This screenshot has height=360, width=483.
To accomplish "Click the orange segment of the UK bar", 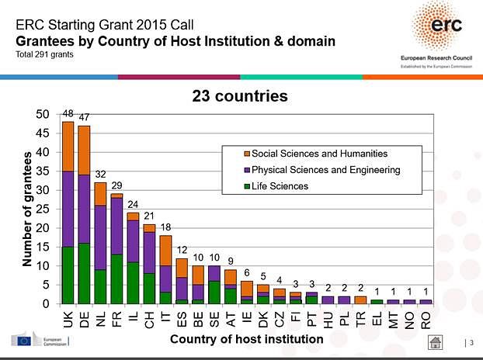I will [68, 146].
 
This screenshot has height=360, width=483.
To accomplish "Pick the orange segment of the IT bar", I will [165, 250].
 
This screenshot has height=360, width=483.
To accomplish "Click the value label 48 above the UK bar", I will [68, 115].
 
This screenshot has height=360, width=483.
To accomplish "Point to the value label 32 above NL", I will [100, 176].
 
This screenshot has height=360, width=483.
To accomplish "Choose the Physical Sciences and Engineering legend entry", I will [320, 169].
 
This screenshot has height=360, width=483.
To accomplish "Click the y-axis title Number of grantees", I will [26, 209].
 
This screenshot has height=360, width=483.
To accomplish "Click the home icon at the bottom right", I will [437, 341].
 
